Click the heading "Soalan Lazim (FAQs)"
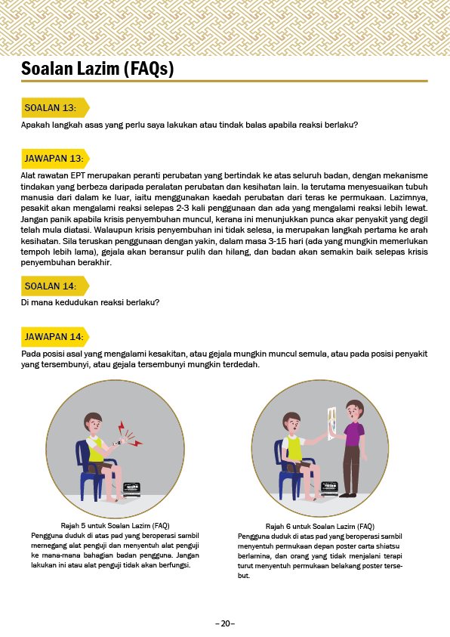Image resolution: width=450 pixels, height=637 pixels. coord(97,68)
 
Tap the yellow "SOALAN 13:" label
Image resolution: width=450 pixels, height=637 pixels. coord(55,107)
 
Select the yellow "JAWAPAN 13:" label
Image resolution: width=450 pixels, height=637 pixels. coord(55,159)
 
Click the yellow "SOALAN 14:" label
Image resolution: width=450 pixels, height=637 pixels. coord(55,286)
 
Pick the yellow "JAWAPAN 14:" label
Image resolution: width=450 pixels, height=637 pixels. coord(55,337)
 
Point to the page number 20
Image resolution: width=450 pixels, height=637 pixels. coord(225,623)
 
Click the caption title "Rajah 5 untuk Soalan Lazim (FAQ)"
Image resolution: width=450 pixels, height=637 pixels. coord(116,526)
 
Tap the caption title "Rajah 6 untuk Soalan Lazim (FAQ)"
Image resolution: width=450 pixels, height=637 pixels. coord(320,527)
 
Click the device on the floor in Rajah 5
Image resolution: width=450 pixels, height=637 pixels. coord(131,490)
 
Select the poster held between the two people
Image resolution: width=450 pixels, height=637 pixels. coord(331,423)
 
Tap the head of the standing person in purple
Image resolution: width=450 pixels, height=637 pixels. coord(354,410)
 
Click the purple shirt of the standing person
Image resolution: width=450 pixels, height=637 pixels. coord(353,434)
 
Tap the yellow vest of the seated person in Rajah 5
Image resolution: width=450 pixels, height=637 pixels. coord(95,449)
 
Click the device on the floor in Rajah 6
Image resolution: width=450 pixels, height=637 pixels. coord(329,488)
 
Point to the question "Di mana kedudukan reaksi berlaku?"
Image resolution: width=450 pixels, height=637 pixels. coord(90,303)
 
